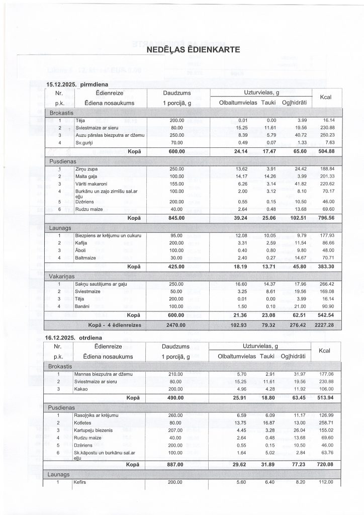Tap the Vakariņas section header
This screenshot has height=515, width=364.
[x=62, y=276]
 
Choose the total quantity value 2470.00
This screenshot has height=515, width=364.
[x=176, y=325]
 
